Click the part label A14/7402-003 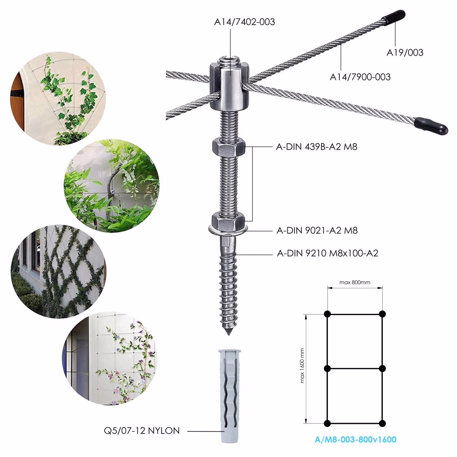tap(244, 22)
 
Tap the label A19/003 tap(405, 53)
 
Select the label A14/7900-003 tap(360, 77)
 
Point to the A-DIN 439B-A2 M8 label tap(316, 147)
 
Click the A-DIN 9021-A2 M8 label tap(317, 230)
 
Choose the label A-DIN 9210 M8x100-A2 tap(328, 253)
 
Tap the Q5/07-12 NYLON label tap(142, 430)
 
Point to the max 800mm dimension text tap(355, 282)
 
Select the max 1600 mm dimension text tap(302, 366)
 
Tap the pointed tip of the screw tap(228, 335)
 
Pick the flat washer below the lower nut tap(228, 229)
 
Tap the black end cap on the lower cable tap(431, 126)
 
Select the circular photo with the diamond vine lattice tap(58, 271)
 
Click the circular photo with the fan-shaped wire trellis tap(58, 98)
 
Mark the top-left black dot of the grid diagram tap(327, 314)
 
